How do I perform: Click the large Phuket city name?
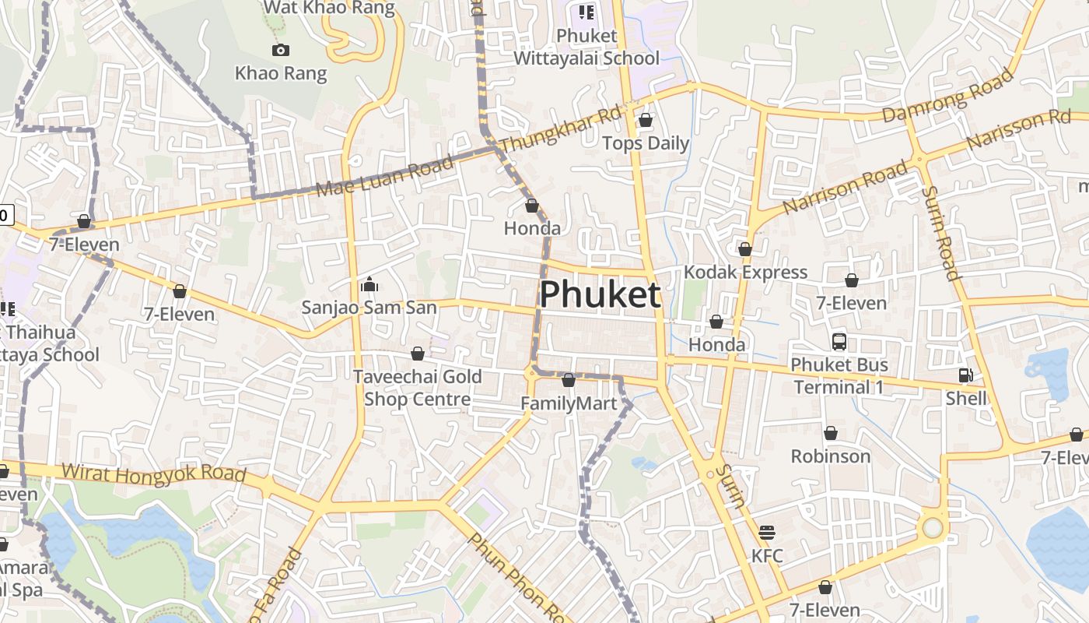pyautogui.click(x=600, y=295)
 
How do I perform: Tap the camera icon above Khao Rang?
pyautogui.click(x=281, y=51)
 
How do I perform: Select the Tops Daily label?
pyautogui.click(x=646, y=143)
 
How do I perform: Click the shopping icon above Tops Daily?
pyautogui.click(x=645, y=120)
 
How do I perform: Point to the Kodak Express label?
pyautogui.click(x=745, y=273)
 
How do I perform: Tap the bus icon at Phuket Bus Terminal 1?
pyautogui.click(x=839, y=341)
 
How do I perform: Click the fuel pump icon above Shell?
pyautogui.click(x=965, y=375)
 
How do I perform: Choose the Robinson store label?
pyautogui.click(x=830, y=456)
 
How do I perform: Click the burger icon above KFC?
pyautogui.click(x=767, y=533)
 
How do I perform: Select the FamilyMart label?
pyautogui.click(x=569, y=403)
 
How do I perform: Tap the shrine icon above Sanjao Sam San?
pyautogui.click(x=369, y=284)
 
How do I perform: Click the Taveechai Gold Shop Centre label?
pyautogui.click(x=418, y=388)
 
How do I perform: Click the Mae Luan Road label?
pyautogui.click(x=384, y=177)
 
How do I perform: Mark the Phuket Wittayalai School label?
pyautogui.click(x=587, y=47)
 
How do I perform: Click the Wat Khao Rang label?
pyautogui.click(x=329, y=8)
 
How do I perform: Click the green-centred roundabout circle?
pyautogui.click(x=932, y=529)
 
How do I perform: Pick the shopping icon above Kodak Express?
pyautogui.click(x=744, y=249)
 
